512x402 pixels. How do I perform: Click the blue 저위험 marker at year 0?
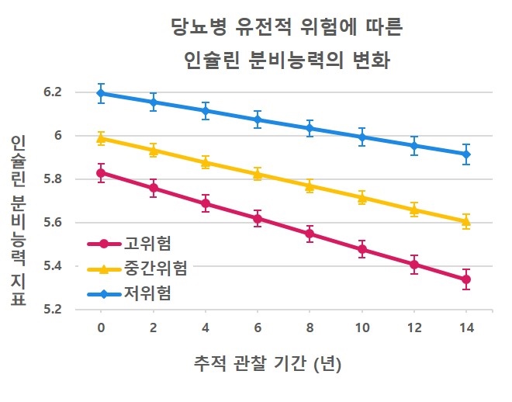[x=101, y=93]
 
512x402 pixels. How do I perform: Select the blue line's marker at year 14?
[x=465, y=154]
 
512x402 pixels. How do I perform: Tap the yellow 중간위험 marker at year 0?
[x=101, y=138]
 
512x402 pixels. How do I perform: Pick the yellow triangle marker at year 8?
[x=310, y=186]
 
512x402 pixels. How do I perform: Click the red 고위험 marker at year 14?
[x=465, y=279]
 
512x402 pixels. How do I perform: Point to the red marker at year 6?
[x=258, y=219]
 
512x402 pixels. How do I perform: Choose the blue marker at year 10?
[x=362, y=137]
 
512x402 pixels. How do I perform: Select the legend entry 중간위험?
[x=155, y=269]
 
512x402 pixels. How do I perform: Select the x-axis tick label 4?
[x=206, y=327]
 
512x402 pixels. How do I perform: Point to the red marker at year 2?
[x=153, y=188]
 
